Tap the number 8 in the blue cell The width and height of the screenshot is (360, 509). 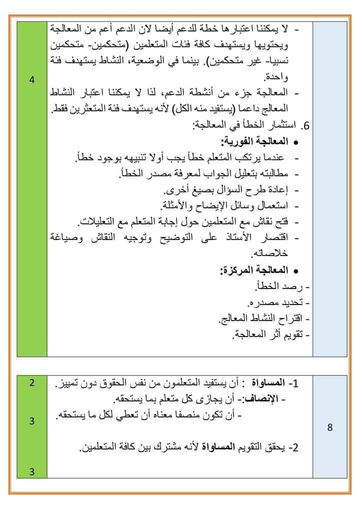330,427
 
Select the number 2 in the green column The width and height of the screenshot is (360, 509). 31,383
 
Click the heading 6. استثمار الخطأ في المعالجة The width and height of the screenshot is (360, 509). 250,126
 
